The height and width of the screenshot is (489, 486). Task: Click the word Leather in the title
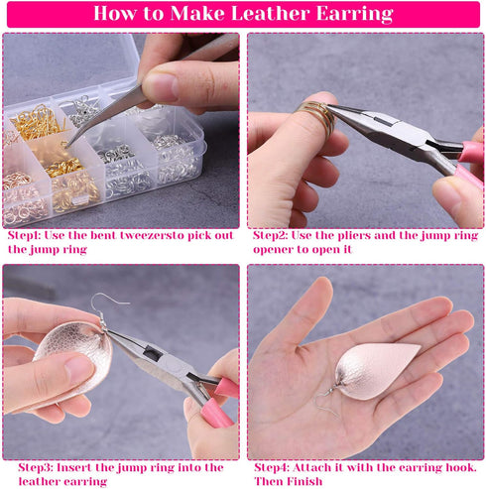[x=270, y=14]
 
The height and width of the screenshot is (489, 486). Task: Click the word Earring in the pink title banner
[x=354, y=14]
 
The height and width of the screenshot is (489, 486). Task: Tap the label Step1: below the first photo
[x=24, y=235]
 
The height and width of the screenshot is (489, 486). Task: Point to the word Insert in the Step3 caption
[x=74, y=467]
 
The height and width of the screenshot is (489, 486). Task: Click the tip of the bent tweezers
[x=67, y=146]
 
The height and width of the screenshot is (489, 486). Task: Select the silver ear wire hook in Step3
[x=106, y=309]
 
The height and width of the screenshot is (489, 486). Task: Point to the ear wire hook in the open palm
[x=325, y=399]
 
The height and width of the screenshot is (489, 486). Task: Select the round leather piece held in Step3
[x=73, y=358]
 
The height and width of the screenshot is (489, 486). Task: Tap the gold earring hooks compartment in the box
[x=38, y=123]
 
